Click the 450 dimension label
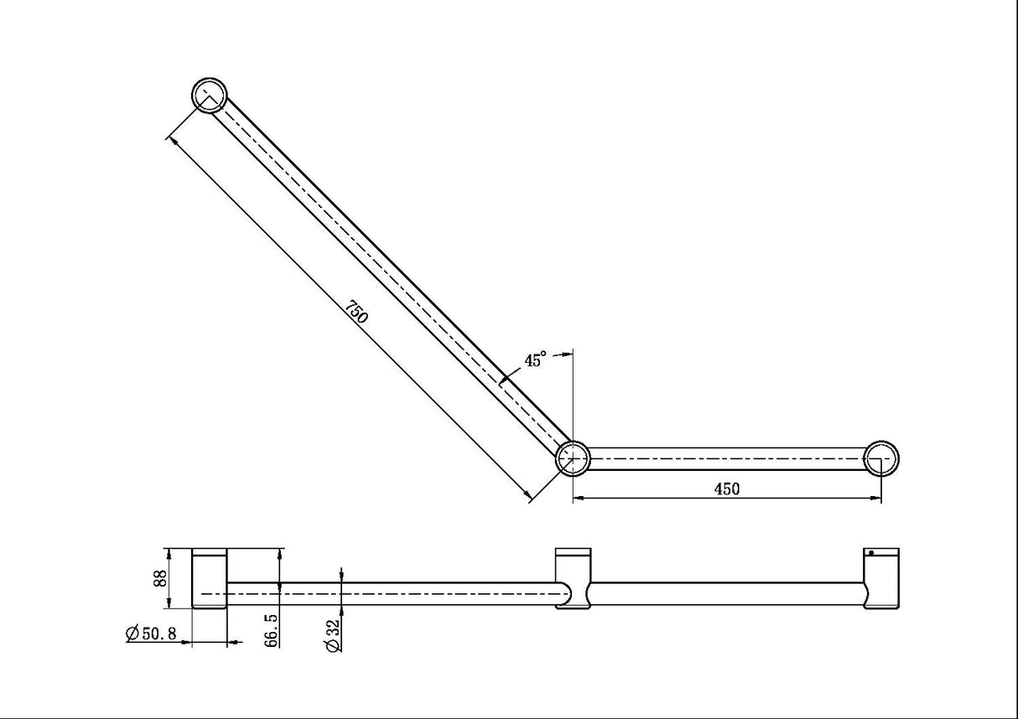[x=727, y=489]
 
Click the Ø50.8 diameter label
[x=151, y=634]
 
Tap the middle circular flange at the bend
[x=574, y=458]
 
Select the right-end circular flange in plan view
[x=881, y=458]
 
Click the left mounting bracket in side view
[x=210, y=579]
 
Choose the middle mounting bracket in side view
[x=574, y=579]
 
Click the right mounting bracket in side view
[x=881, y=579]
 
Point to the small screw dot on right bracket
[x=871, y=553]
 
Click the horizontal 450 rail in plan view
[x=727, y=458]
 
